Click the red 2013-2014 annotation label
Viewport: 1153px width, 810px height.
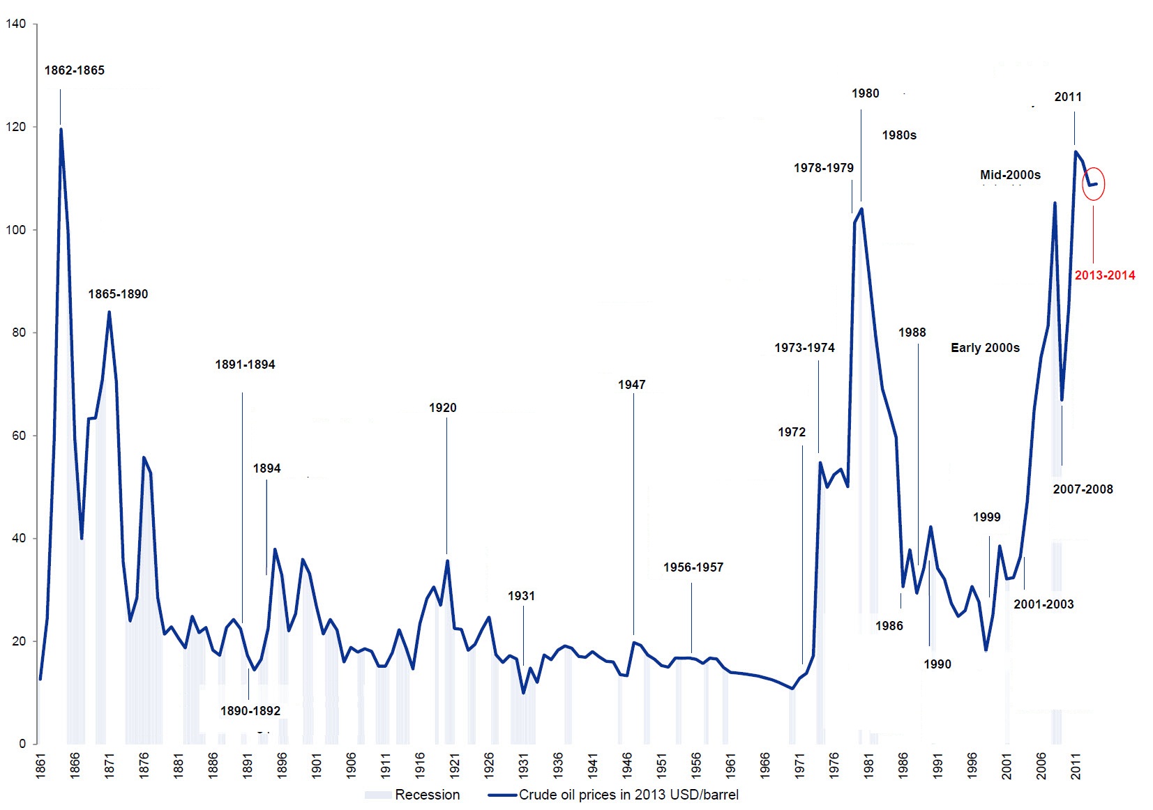point(1104,275)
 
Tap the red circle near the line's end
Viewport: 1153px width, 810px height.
point(1093,184)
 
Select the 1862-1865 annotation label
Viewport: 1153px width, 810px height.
point(75,70)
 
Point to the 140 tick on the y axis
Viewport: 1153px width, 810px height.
point(15,24)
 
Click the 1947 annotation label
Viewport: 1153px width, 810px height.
point(631,385)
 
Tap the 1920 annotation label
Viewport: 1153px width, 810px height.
point(443,408)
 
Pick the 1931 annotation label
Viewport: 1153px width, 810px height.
point(521,596)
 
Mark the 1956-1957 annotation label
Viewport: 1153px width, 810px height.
point(693,567)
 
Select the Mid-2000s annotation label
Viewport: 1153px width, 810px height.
point(1010,175)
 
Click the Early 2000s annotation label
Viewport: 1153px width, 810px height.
point(985,348)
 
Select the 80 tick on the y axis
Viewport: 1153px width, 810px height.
point(19,333)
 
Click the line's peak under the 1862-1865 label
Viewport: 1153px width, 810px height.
point(61,129)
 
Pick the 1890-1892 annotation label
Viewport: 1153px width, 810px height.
point(250,711)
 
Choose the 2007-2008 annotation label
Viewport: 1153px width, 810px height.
point(1083,489)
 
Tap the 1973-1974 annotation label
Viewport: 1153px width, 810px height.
point(804,348)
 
